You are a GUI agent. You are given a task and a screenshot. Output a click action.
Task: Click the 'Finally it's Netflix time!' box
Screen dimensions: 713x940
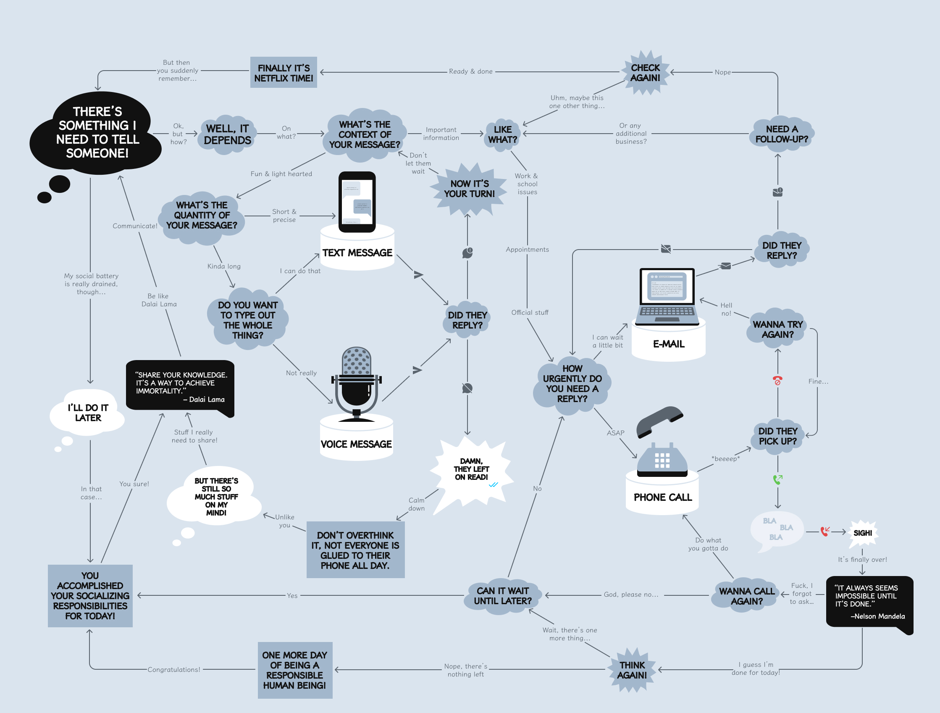(284, 73)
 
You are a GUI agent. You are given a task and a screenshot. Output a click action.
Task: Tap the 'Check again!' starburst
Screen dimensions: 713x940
(645, 73)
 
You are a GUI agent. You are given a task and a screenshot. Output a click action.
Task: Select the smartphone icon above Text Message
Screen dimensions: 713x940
(357, 202)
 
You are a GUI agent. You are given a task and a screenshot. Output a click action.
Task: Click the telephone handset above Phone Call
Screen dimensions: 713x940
(659, 421)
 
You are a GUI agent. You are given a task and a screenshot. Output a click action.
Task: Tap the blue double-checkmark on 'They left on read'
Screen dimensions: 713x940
(493, 485)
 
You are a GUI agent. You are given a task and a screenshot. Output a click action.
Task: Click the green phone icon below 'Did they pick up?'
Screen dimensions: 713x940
(777, 479)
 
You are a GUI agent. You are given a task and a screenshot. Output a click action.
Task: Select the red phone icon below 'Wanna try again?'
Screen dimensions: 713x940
(777, 380)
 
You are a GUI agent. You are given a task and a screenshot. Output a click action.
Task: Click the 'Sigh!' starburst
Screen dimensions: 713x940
(863, 533)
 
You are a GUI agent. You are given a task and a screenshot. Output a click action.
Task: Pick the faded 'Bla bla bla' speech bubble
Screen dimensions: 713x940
(776, 529)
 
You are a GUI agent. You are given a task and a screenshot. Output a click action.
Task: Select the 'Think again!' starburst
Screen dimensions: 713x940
(632, 670)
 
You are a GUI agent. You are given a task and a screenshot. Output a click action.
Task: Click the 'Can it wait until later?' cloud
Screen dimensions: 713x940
(502, 596)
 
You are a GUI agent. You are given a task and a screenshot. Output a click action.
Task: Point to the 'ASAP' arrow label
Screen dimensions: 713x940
(615, 433)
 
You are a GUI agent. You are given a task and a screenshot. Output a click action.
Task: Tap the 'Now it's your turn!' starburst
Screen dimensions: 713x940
(469, 189)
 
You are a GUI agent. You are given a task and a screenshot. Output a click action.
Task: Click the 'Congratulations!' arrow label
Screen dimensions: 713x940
(174, 670)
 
